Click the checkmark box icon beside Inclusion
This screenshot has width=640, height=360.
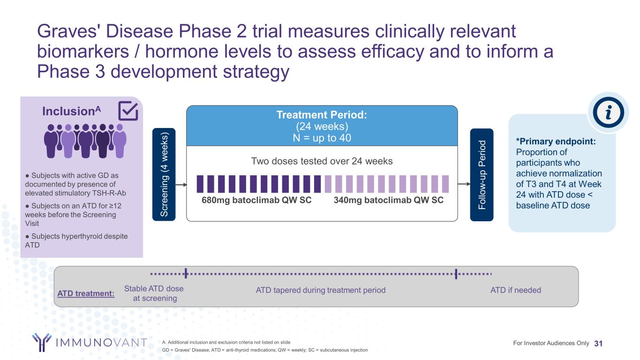(128, 111)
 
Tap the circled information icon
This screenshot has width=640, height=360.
(608, 112)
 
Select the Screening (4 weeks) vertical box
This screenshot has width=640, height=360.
(164, 174)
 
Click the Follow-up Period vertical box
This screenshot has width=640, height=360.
(482, 174)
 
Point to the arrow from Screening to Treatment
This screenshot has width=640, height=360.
(181, 185)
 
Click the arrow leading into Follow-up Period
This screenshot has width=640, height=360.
(464, 184)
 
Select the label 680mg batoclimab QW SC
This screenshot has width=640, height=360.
(256, 200)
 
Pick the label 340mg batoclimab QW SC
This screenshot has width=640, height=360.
(389, 200)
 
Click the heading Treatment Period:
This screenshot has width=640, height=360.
(322, 115)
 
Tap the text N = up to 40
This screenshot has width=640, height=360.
(322, 138)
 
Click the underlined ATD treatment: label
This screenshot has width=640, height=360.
(86, 293)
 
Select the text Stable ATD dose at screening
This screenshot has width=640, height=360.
(154, 293)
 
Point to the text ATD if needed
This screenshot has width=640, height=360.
(516, 290)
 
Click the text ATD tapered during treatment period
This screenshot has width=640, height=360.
(321, 290)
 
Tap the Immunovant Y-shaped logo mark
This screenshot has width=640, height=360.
(42, 342)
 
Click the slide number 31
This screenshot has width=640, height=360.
(598, 344)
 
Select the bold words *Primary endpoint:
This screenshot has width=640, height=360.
(556, 142)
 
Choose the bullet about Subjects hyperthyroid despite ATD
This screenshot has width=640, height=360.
(76, 240)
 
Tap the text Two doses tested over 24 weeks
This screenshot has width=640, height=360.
(322, 161)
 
